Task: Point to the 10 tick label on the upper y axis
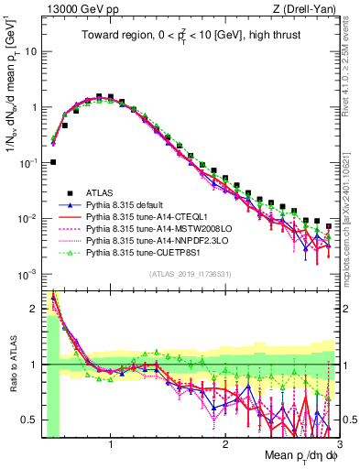click(30, 51)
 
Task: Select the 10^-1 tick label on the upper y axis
click(27, 163)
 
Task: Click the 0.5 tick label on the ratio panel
click(28, 420)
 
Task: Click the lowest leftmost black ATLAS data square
click(54, 162)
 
